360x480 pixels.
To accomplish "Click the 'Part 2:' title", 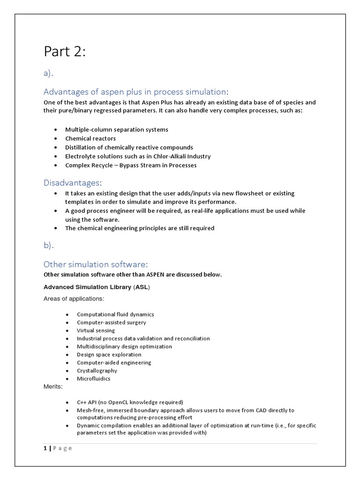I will [65, 52].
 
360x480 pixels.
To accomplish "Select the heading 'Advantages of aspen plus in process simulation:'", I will [135, 91].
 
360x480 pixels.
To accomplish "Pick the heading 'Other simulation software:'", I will [96, 264].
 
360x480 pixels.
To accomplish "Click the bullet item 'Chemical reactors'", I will [90, 139].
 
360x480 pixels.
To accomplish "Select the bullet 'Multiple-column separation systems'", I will [116, 129].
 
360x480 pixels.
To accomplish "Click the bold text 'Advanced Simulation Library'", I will [87, 286].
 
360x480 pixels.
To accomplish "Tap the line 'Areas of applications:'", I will [74, 299].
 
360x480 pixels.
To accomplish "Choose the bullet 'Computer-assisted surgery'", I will [112, 322].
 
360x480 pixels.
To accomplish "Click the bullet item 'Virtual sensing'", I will [96, 330].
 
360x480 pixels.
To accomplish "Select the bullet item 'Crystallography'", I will [97, 370].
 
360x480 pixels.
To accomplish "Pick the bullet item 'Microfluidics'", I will [94, 378].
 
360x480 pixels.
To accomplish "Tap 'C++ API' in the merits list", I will [89, 402].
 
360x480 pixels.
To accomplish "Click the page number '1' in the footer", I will [45, 448].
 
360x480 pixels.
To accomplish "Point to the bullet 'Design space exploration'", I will [109, 354].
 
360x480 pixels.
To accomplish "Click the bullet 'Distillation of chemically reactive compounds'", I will [129, 147].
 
